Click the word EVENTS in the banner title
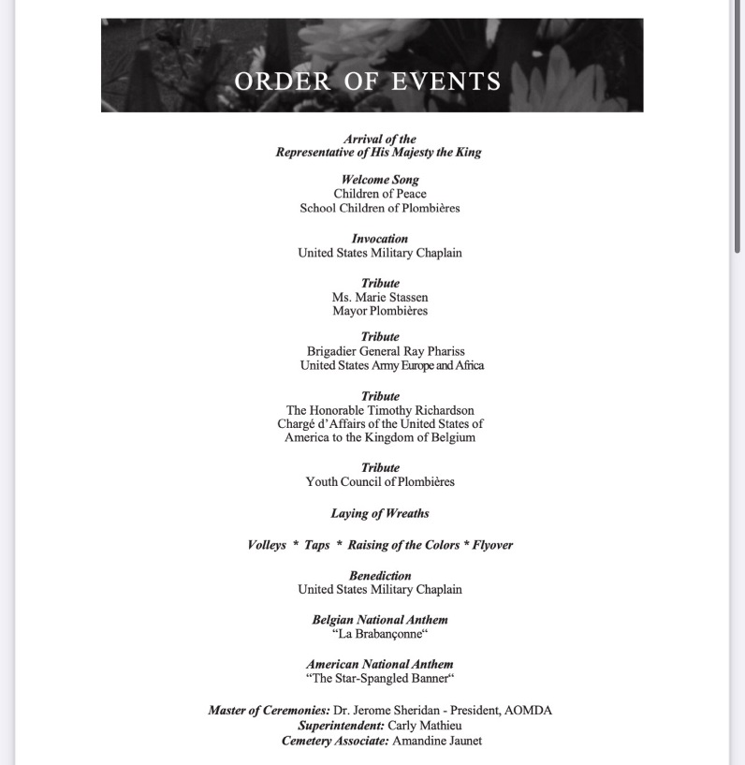pyautogui.click(x=446, y=81)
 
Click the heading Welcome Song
pyautogui.click(x=380, y=180)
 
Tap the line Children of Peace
pyautogui.click(x=380, y=194)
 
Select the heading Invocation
pyautogui.click(x=380, y=239)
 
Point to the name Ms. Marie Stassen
pyautogui.click(x=380, y=297)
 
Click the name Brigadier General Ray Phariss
pyautogui.click(x=386, y=351)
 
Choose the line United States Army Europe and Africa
pyautogui.click(x=392, y=365)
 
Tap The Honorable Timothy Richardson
pyautogui.click(x=380, y=410)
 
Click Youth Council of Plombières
pyautogui.click(x=380, y=481)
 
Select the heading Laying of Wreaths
pyautogui.click(x=380, y=513)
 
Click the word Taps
pyautogui.click(x=317, y=545)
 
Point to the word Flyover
pyautogui.click(x=492, y=545)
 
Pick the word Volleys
pyautogui.click(x=267, y=545)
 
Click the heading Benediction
pyautogui.click(x=380, y=576)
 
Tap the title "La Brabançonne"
pyautogui.click(x=380, y=634)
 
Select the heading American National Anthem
pyautogui.click(x=380, y=664)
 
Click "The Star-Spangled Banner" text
pyautogui.click(x=380, y=678)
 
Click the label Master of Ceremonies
pyautogui.click(x=269, y=710)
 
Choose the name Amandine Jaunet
pyautogui.click(x=436, y=741)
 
